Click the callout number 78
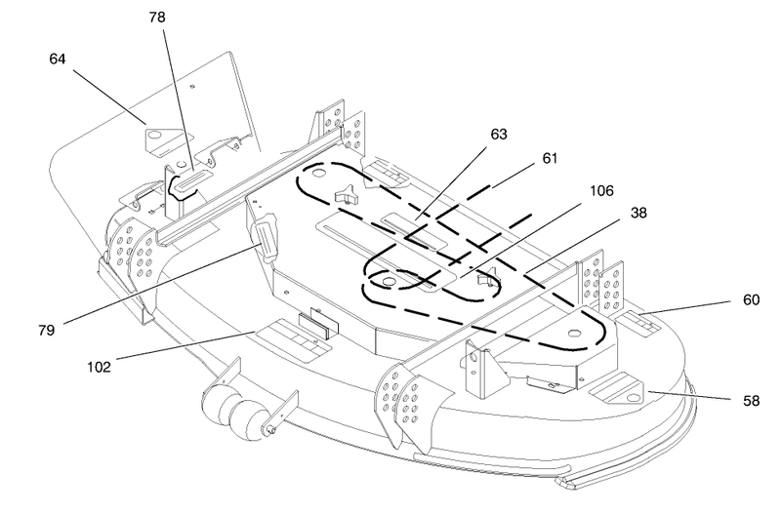tap(157, 18)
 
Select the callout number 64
tap(58, 59)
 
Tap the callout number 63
tap(499, 135)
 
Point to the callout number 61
tap(550, 159)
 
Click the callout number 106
tap(601, 190)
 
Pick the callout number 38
tap(638, 213)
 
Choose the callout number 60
tap(751, 300)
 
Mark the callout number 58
tap(751, 401)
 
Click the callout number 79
tap(46, 330)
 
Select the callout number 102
tap(99, 368)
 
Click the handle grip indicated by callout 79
tap(267, 236)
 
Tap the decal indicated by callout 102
tap(293, 339)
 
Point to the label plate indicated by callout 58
tap(617, 387)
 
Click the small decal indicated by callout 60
tap(639, 324)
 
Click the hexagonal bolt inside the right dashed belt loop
tap(575, 333)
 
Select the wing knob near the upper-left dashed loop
tap(348, 194)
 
